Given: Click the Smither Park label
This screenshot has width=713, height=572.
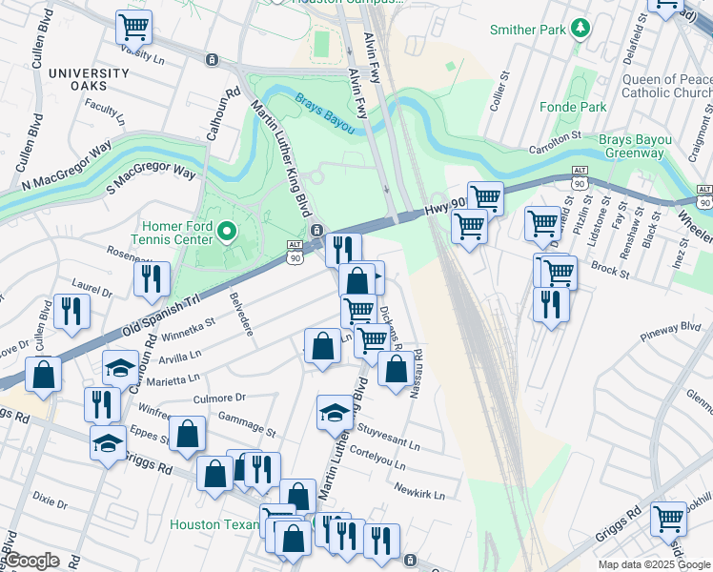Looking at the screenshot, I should [528, 30].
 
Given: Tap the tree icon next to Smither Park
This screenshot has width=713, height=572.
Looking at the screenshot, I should [579, 30].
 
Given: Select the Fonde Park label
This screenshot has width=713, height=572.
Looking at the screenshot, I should [572, 107].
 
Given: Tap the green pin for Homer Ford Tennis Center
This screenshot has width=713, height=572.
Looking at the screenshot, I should [227, 231].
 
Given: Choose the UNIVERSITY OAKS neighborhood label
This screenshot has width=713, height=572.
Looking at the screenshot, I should [89, 80].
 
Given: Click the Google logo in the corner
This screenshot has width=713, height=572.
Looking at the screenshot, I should [31, 561].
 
